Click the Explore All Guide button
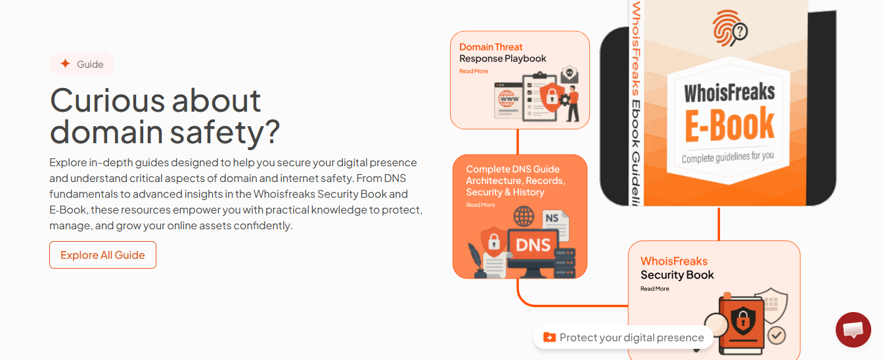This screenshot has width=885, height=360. tap(102, 255)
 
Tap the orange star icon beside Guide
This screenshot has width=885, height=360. tap(66, 64)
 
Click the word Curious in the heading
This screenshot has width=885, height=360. tap(107, 101)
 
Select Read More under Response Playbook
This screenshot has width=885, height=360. tap(473, 71)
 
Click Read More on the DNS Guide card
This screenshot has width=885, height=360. tap(480, 205)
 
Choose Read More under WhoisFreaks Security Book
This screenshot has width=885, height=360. tap(654, 289)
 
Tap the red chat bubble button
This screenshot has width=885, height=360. tap(853, 330)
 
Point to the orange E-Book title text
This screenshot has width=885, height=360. tap(729, 125)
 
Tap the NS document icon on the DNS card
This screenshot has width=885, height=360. tap(556, 225)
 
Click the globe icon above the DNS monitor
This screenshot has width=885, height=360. tap(524, 217)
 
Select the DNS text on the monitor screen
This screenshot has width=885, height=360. tap(533, 245)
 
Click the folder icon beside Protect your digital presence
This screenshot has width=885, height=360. tap(549, 337)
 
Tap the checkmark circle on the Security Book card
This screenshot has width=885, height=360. tap(777, 336)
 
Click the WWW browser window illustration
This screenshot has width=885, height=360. tap(509, 101)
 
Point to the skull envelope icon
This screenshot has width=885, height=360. tap(570, 74)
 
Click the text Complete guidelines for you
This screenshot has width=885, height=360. tap(728, 157)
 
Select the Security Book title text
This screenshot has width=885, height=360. tap(677, 275)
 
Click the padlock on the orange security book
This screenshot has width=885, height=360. tap(743, 320)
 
